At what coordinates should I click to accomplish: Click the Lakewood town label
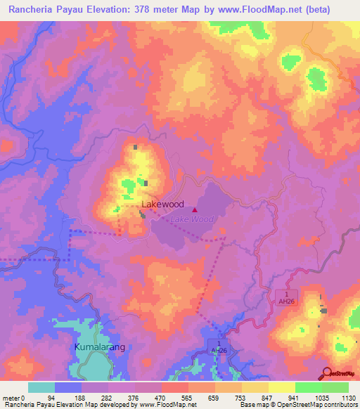click(163, 204)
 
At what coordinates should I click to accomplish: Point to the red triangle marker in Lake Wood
click(195, 209)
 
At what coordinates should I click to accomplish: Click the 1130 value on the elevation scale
click(347, 396)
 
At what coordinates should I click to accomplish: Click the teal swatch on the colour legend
click(41, 387)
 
